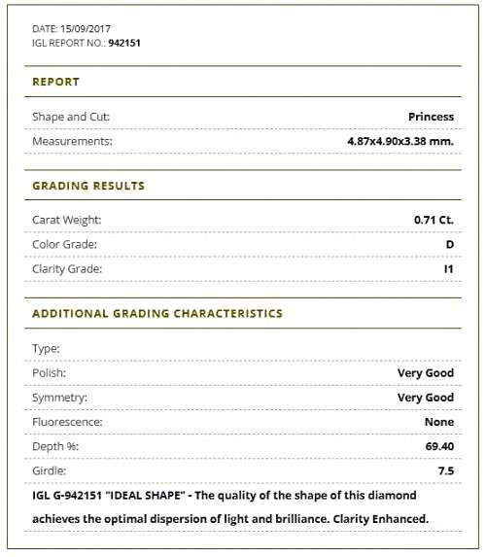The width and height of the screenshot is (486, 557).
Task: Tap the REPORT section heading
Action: [x=55, y=82]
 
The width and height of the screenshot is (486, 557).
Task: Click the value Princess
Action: [x=431, y=117]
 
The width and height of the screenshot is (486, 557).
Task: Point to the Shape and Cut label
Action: [x=71, y=117]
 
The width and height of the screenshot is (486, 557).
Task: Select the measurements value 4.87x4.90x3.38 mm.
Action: [x=399, y=141]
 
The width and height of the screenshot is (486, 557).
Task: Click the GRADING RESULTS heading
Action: [x=88, y=186]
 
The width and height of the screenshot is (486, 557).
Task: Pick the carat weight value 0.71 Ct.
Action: [x=434, y=220]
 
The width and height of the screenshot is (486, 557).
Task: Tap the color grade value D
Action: [x=449, y=244]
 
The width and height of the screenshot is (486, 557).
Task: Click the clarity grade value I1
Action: [x=448, y=268]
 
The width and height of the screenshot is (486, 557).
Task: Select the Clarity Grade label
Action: [x=67, y=268]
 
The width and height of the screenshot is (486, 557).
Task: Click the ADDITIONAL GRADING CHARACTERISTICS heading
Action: [x=157, y=314]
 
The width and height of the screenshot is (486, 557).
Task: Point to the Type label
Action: [x=46, y=348]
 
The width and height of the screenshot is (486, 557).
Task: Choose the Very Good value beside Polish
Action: [x=425, y=372]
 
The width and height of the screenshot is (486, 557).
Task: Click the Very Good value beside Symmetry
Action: [x=425, y=398]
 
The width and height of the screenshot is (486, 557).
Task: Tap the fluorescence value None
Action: [x=438, y=422]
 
